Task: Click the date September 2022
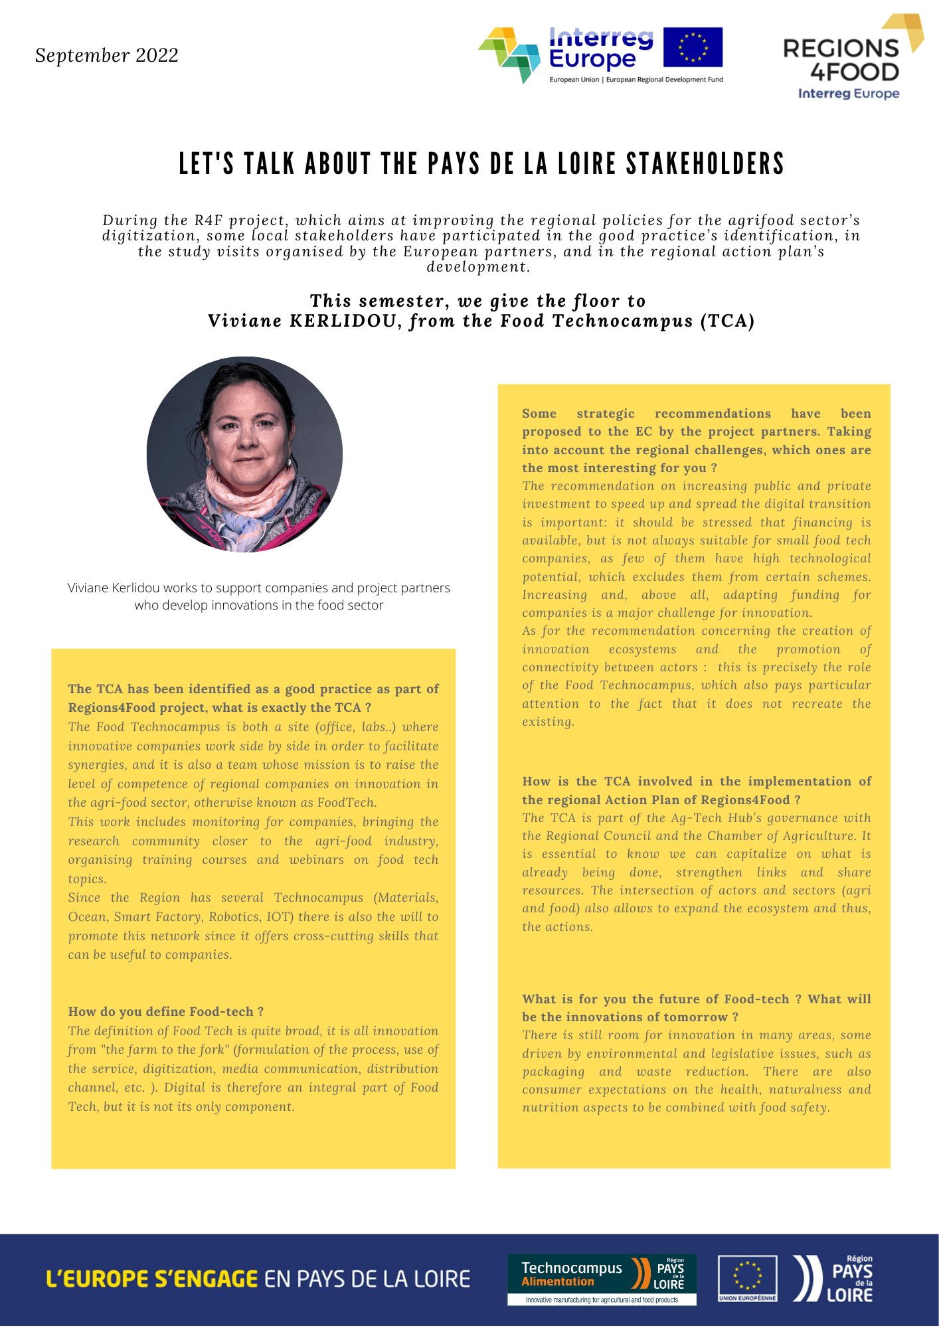(x=107, y=55)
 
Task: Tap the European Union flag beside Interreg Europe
(x=693, y=47)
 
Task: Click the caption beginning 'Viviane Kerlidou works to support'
(x=258, y=596)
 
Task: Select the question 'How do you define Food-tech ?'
(x=165, y=1011)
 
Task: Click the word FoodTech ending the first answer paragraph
(x=347, y=803)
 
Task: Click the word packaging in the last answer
(x=553, y=1072)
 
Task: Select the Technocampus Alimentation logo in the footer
(x=601, y=1279)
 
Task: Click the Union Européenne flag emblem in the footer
(x=747, y=1278)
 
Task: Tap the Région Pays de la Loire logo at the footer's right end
(x=834, y=1278)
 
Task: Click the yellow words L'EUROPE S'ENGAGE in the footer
(x=151, y=1279)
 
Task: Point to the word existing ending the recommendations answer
(x=547, y=722)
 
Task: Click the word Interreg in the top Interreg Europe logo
(x=600, y=38)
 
